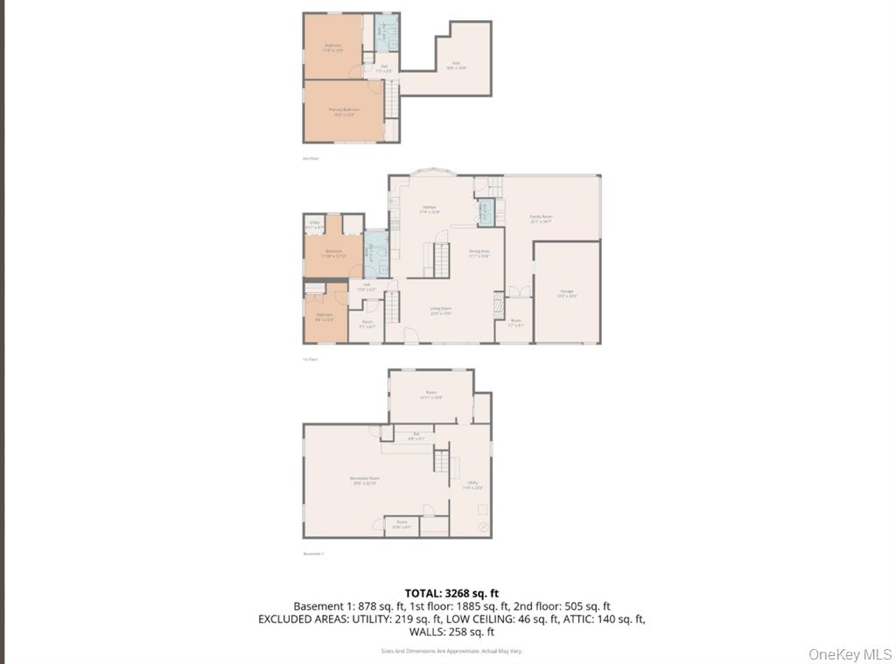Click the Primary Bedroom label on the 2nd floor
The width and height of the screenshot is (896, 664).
[344, 111]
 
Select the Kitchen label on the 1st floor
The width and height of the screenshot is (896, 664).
[430, 209]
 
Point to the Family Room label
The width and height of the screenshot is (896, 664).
[541, 218]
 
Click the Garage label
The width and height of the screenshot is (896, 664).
[567, 294]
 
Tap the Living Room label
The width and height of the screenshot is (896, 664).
[440, 310]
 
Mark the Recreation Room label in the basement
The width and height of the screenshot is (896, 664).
[364, 480]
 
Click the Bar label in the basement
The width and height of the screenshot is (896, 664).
[416, 436]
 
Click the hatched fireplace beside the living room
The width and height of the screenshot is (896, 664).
[499, 304]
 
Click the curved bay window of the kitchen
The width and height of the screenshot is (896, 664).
[434, 173]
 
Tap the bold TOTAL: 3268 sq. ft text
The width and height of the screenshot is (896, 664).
[451, 593]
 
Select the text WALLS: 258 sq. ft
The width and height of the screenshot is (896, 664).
[451, 632]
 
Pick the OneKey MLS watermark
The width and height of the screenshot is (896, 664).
[850, 654]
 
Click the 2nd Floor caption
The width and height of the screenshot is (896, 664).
[311, 158]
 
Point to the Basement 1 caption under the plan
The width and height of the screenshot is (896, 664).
[313, 554]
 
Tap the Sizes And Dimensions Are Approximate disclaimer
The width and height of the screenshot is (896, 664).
[451, 651]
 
